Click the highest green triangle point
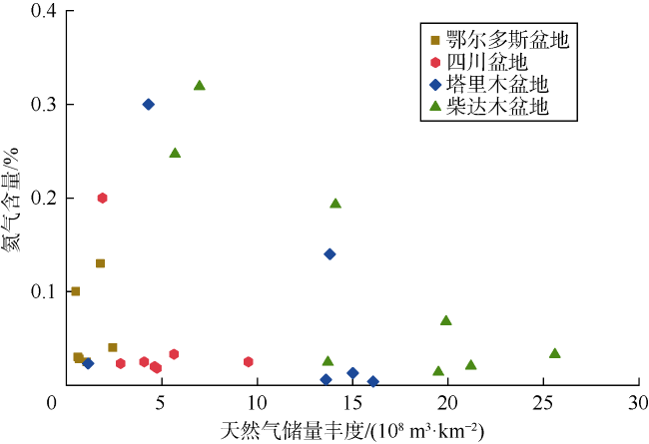pos(200,86)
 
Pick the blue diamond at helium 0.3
pos(149,104)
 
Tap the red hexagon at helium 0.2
pos(102,198)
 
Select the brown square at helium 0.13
pos(100,263)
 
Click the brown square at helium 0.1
pos(75,291)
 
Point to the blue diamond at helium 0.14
pos(329,253)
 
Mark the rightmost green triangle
pos(555,353)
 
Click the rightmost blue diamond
pos(373,381)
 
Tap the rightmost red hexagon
pos(249,361)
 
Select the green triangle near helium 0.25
pos(175,154)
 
